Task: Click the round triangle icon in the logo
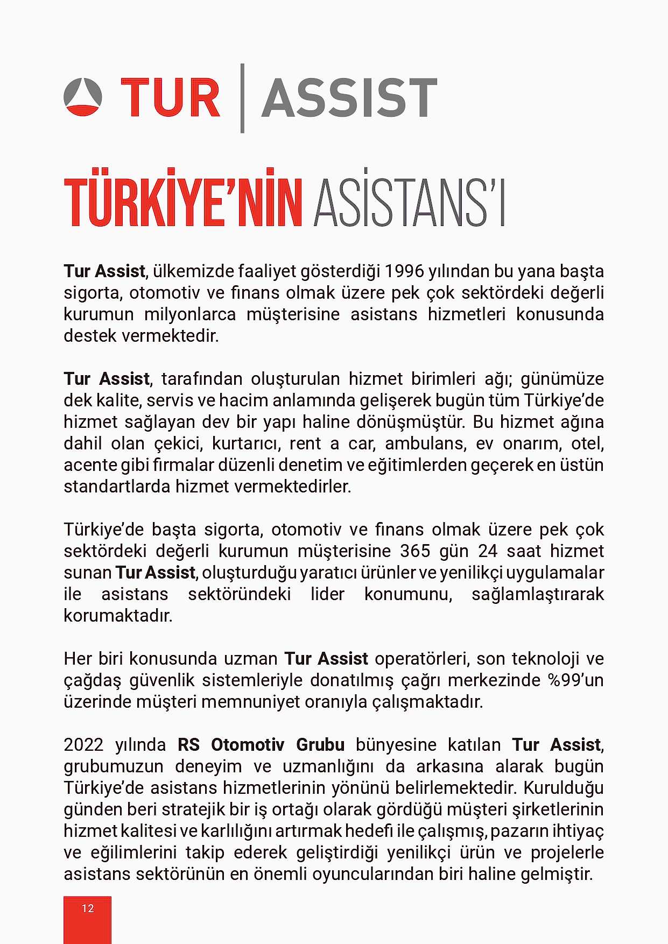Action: pos(82,97)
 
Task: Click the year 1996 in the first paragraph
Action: pos(404,271)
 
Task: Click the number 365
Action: pos(415,551)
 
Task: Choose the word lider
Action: pos(327,594)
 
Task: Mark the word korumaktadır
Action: pos(118,616)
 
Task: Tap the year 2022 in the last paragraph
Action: pos(83,745)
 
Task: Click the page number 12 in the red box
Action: pos(87,908)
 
